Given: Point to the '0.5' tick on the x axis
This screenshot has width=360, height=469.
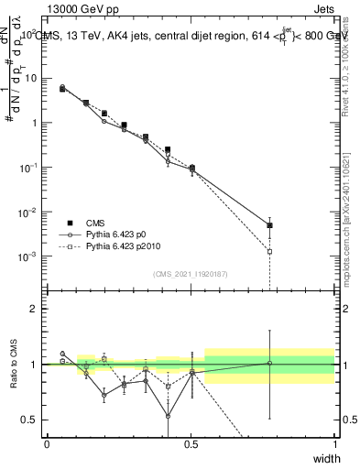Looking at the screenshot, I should point(191,443).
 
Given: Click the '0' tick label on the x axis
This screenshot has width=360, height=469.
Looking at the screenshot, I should point(47,443).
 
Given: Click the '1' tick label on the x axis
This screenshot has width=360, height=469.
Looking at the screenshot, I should point(334,443).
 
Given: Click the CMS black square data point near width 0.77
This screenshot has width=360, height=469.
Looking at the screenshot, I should point(269,225).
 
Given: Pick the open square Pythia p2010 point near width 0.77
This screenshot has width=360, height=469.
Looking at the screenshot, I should point(269,251).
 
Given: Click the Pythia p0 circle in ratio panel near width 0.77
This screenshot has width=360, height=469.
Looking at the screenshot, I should point(269,363).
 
